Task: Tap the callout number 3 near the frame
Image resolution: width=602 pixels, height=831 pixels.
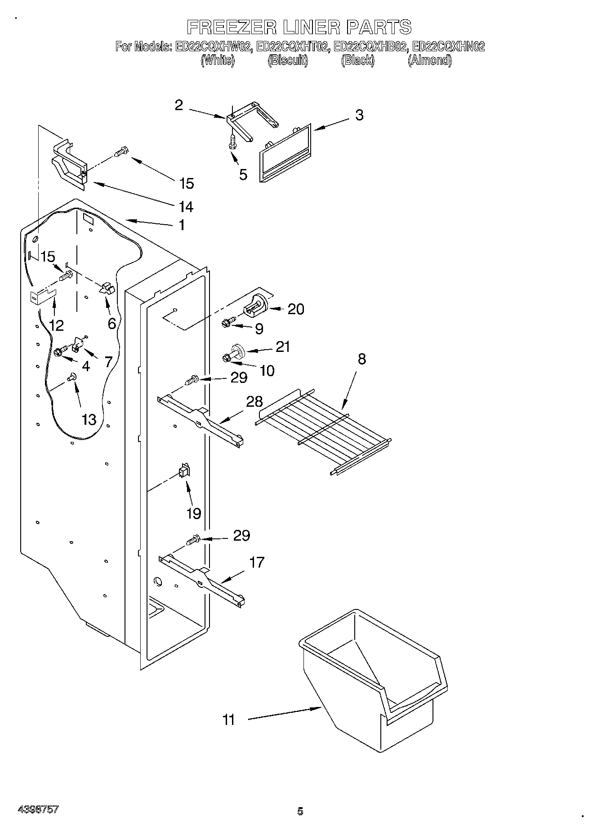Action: click(x=359, y=115)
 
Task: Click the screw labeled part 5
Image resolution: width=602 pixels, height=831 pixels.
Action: click(x=232, y=142)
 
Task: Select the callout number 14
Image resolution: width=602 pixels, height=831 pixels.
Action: click(x=186, y=207)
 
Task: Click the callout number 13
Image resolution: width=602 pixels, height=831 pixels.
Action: click(x=89, y=419)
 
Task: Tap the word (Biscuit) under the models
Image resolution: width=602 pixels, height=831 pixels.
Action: click(x=288, y=60)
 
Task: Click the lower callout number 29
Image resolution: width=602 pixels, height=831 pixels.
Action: click(x=241, y=535)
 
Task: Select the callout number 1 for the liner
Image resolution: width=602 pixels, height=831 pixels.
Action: click(x=182, y=225)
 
